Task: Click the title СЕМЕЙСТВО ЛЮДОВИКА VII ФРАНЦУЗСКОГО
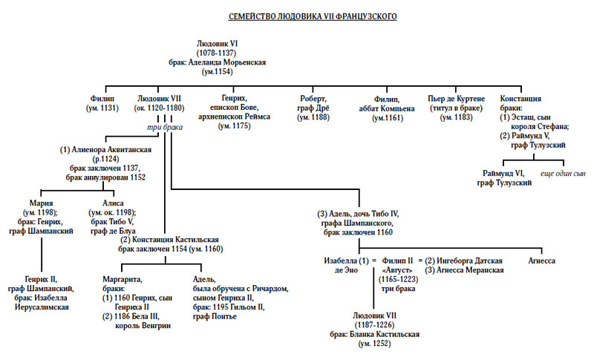tap(296, 16)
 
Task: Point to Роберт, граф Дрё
tap(314, 99)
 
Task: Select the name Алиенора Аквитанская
tap(107, 149)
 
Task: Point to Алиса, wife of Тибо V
tap(114, 203)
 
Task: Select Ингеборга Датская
tap(468, 261)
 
